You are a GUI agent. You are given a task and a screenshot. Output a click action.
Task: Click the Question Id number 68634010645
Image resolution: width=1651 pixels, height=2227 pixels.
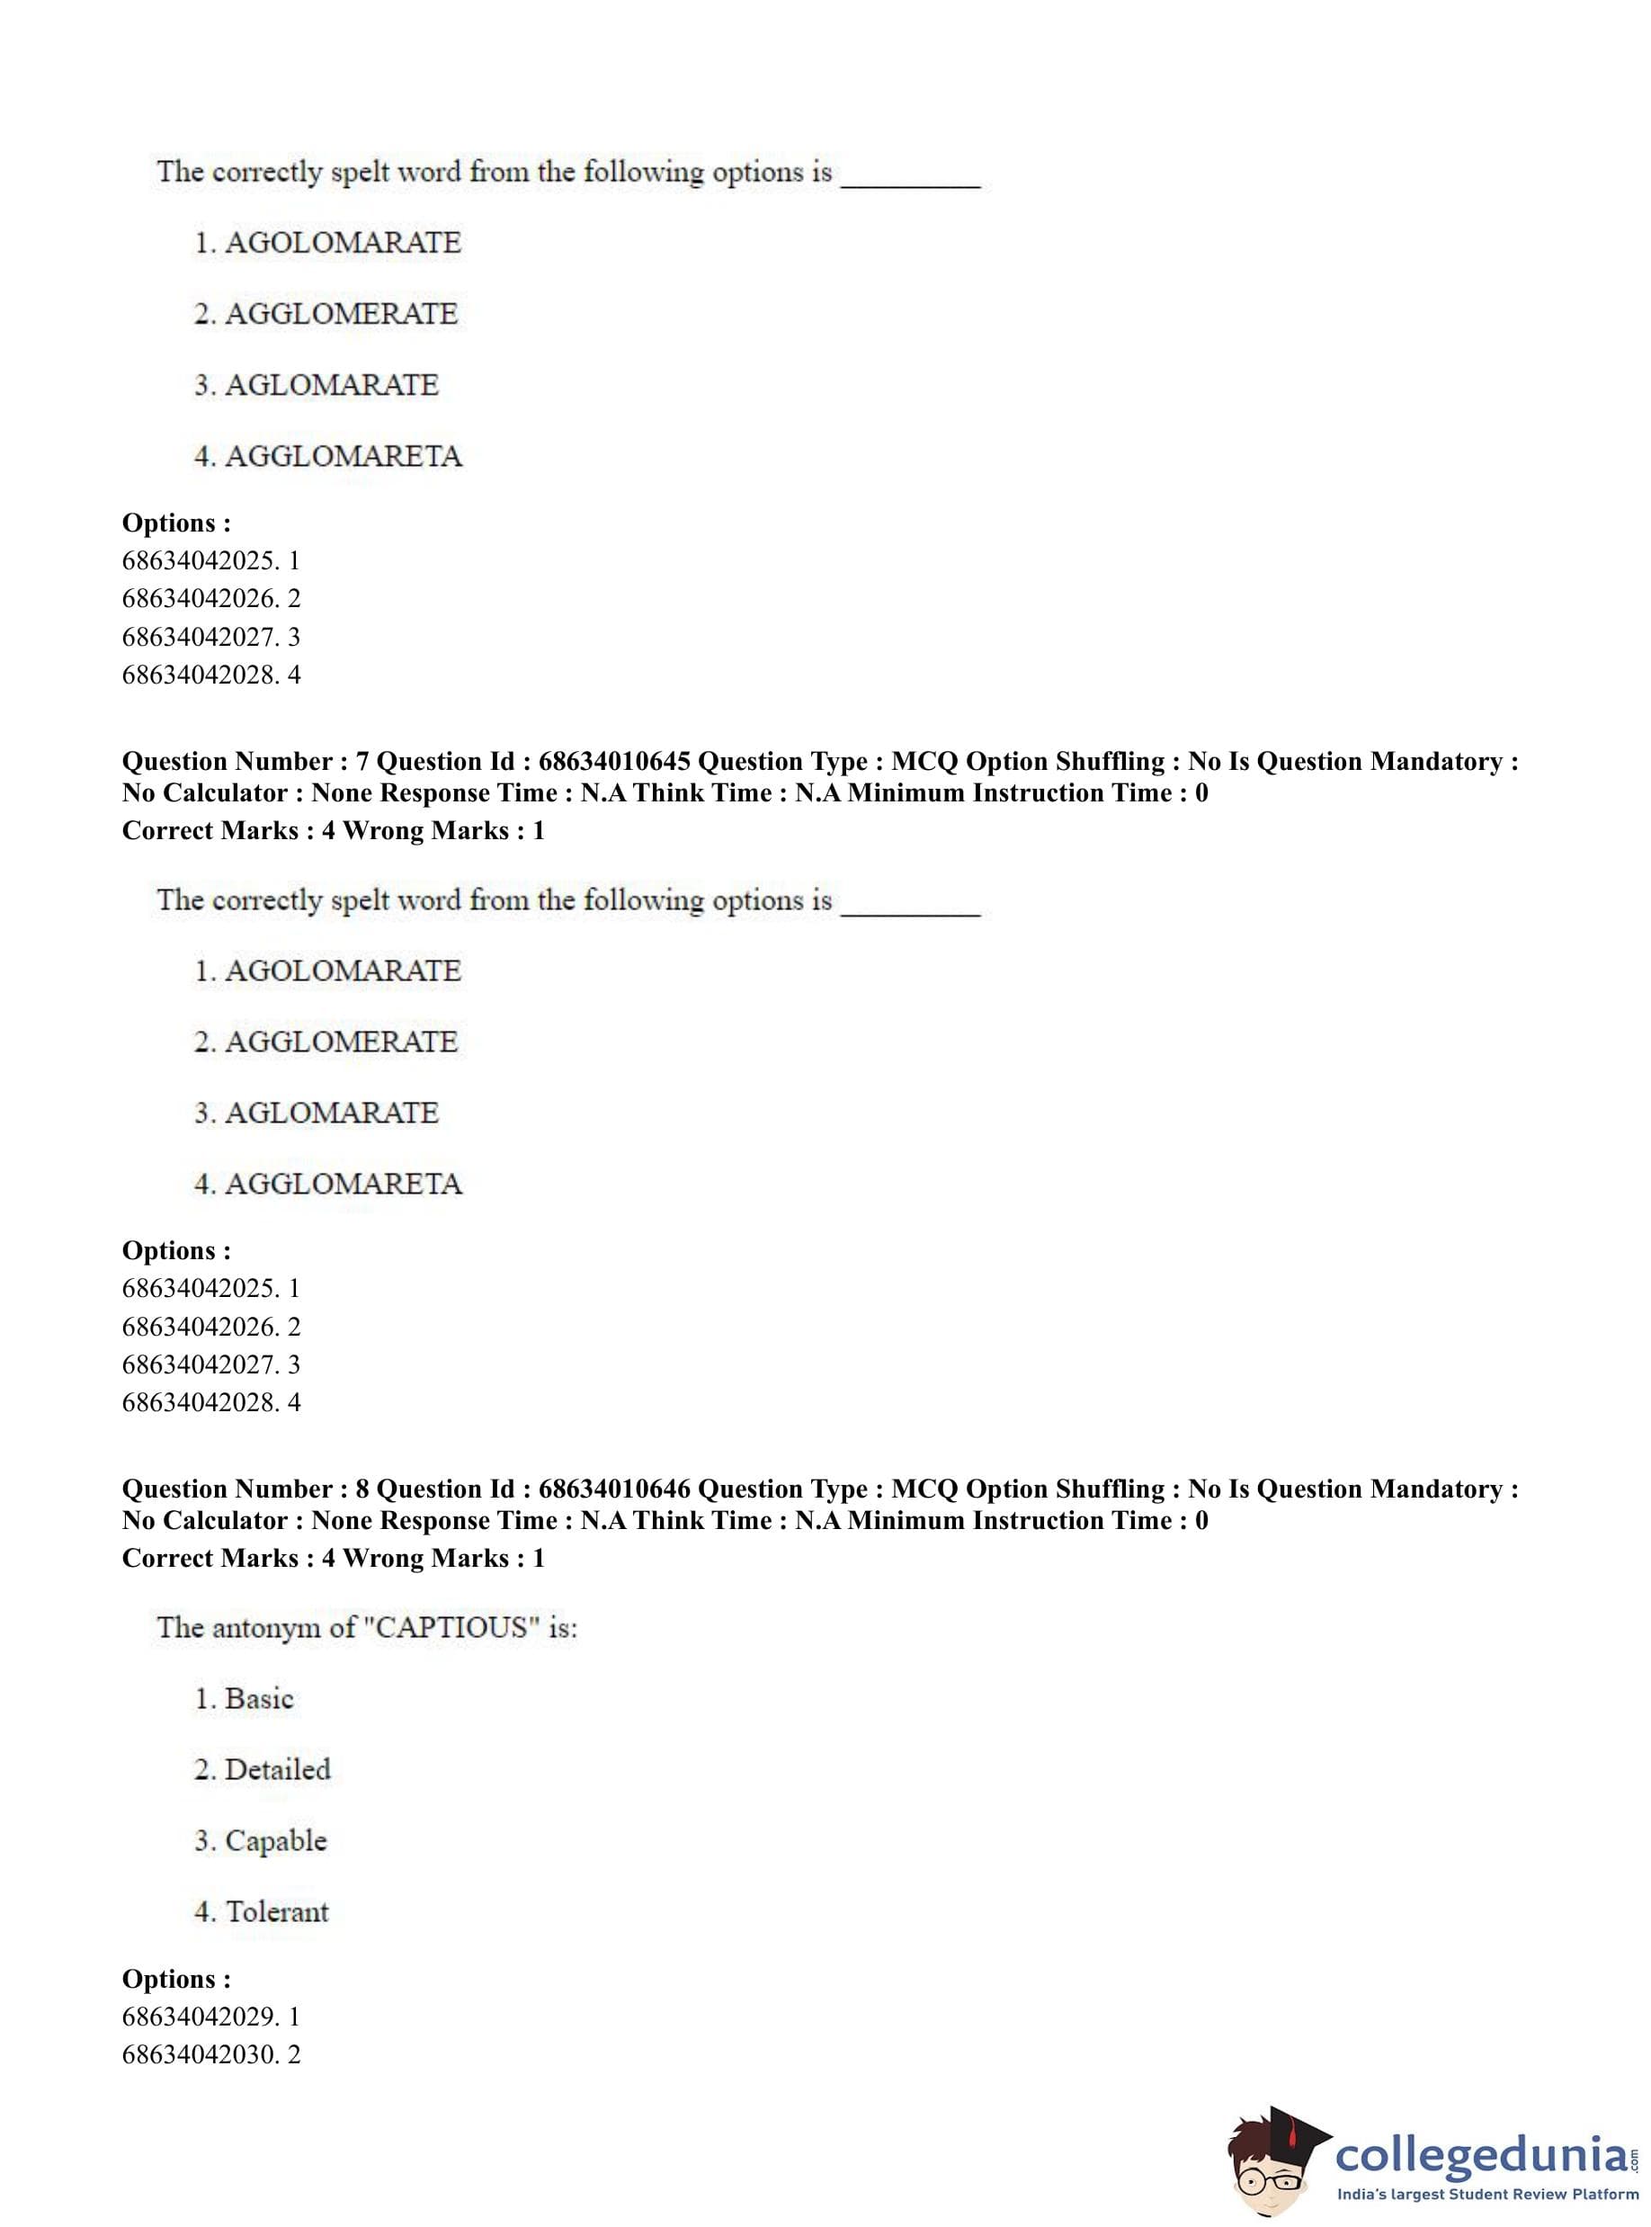click(613, 762)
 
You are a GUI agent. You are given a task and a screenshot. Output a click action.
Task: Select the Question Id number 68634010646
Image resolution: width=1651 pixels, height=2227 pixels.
click(613, 1489)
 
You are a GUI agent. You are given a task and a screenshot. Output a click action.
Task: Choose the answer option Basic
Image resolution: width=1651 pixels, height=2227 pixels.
click(259, 1699)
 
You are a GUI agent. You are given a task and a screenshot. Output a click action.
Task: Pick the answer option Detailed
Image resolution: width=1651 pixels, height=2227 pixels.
click(277, 1770)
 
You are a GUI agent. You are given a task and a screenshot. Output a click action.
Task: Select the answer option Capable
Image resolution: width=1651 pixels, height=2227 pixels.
click(275, 1841)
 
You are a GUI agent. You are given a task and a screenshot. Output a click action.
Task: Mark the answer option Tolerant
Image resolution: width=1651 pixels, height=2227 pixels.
click(277, 1912)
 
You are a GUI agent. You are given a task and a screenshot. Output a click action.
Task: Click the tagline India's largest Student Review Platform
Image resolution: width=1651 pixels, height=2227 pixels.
click(1487, 2195)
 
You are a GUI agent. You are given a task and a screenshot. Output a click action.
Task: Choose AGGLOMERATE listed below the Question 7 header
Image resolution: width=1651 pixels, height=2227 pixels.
click(341, 1042)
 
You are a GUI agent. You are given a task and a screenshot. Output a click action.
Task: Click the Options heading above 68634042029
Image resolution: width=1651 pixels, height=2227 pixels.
click(176, 1979)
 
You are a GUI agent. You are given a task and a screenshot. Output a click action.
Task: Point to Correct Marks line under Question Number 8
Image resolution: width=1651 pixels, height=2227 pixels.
click(333, 1559)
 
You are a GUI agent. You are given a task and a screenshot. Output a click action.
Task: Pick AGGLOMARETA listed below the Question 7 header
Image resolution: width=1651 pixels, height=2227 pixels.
click(343, 1185)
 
